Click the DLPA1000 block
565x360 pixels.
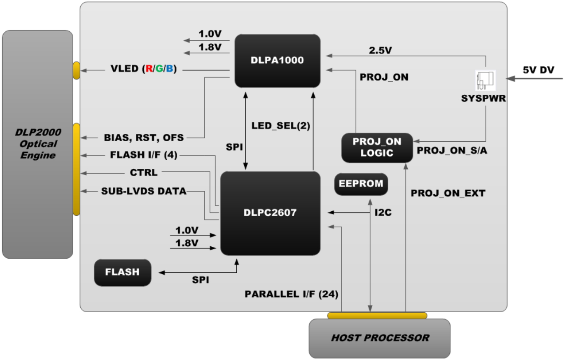click(277, 61)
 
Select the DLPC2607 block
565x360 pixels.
click(270, 213)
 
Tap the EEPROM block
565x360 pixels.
click(361, 184)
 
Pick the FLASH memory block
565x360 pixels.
click(122, 272)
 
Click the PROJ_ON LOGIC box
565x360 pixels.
click(377, 147)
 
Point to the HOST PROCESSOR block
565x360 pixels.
click(379, 338)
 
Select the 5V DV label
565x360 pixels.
click(538, 70)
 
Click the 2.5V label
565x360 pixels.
click(380, 51)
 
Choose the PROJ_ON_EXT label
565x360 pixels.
click(448, 192)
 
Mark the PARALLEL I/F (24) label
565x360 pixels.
click(292, 294)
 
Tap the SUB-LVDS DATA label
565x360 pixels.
click(144, 191)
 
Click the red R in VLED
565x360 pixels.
click(149, 70)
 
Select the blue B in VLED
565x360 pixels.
click(169, 70)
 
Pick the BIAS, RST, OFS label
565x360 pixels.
click(144, 137)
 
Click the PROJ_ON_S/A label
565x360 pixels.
click(452, 151)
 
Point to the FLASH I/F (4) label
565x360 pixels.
click(144, 155)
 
